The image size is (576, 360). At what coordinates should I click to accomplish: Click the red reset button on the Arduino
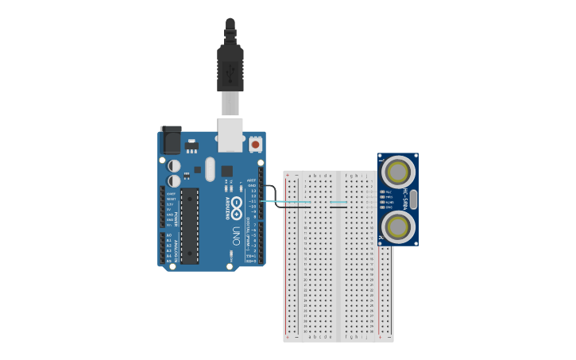(x=255, y=145)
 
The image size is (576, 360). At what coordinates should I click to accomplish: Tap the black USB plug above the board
(x=230, y=68)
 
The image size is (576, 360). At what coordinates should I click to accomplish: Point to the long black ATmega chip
(x=190, y=226)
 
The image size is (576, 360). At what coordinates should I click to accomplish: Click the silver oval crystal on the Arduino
(x=210, y=168)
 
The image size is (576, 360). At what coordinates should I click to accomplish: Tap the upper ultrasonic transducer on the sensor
(x=397, y=172)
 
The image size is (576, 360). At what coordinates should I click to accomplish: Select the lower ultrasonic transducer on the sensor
(x=397, y=226)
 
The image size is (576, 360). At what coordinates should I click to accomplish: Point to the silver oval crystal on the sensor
(x=413, y=199)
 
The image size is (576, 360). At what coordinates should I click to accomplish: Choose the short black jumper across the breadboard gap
(x=338, y=207)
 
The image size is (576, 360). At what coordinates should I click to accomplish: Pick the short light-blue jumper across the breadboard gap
(x=338, y=202)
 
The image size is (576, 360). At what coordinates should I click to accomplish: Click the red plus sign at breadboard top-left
(x=288, y=175)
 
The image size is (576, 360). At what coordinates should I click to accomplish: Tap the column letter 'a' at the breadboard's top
(x=310, y=175)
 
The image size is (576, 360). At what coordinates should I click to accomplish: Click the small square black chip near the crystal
(x=226, y=171)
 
